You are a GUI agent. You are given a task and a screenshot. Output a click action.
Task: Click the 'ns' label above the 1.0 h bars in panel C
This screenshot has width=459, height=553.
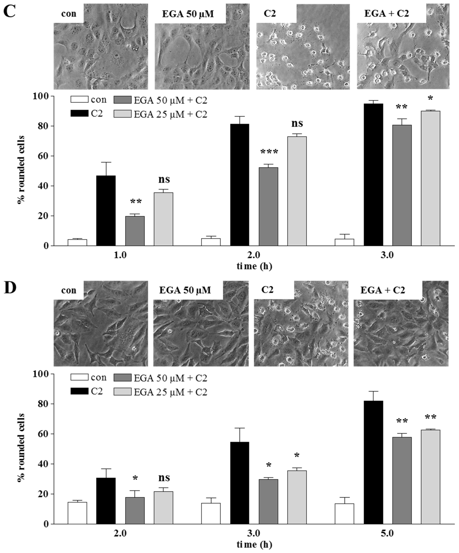click(164, 180)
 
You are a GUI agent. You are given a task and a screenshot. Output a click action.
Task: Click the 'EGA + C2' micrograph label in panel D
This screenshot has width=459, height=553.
click(383, 290)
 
